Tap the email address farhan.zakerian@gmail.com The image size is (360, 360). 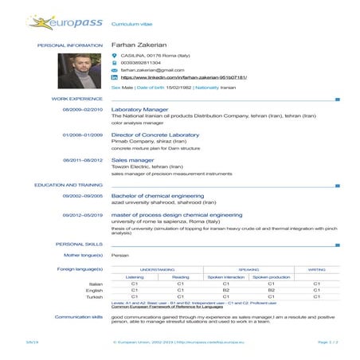(x=152, y=69)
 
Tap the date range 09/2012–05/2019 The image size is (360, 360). (x=83, y=214)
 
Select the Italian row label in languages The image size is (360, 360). (x=96, y=284)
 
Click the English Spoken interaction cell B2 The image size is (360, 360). (x=225, y=290)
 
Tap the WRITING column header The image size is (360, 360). (x=316, y=270)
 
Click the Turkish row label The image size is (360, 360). (x=96, y=296)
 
